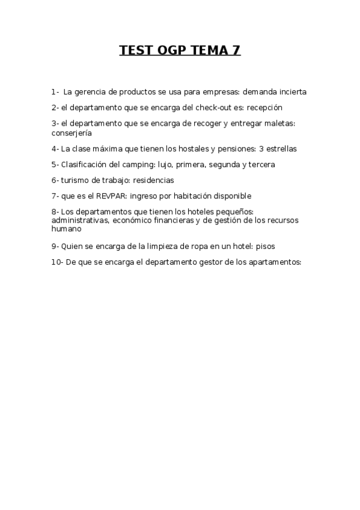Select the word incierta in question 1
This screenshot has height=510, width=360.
click(x=290, y=92)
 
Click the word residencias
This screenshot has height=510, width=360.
click(x=152, y=180)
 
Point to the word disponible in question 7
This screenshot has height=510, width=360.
click(x=230, y=195)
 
